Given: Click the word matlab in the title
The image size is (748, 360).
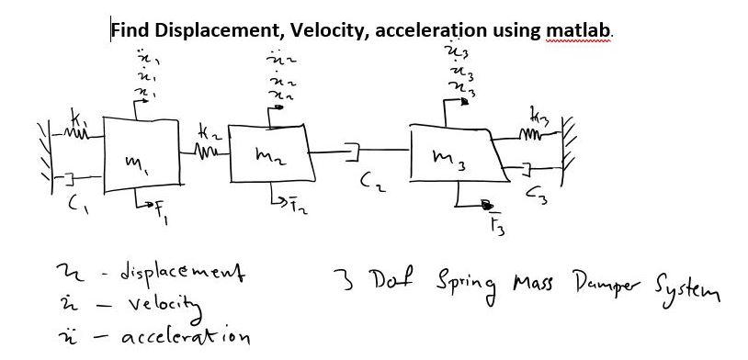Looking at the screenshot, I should click(x=577, y=29).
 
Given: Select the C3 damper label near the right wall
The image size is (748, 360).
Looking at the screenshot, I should click(x=532, y=194).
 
